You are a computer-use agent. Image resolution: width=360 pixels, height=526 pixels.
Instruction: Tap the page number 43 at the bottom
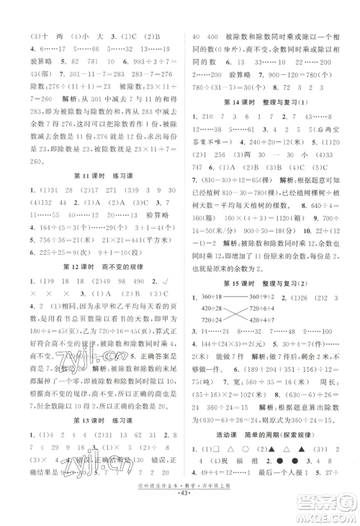click(179, 517)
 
